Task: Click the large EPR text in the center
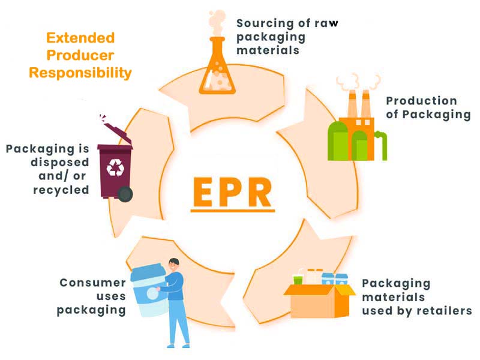coord(232,190)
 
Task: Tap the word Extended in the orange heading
coord(80,38)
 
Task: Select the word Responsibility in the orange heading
coord(80,73)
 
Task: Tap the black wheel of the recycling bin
coord(125,193)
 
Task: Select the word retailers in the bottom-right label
coord(443,311)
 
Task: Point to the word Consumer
coord(92,283)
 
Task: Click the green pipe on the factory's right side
coord(381,144)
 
